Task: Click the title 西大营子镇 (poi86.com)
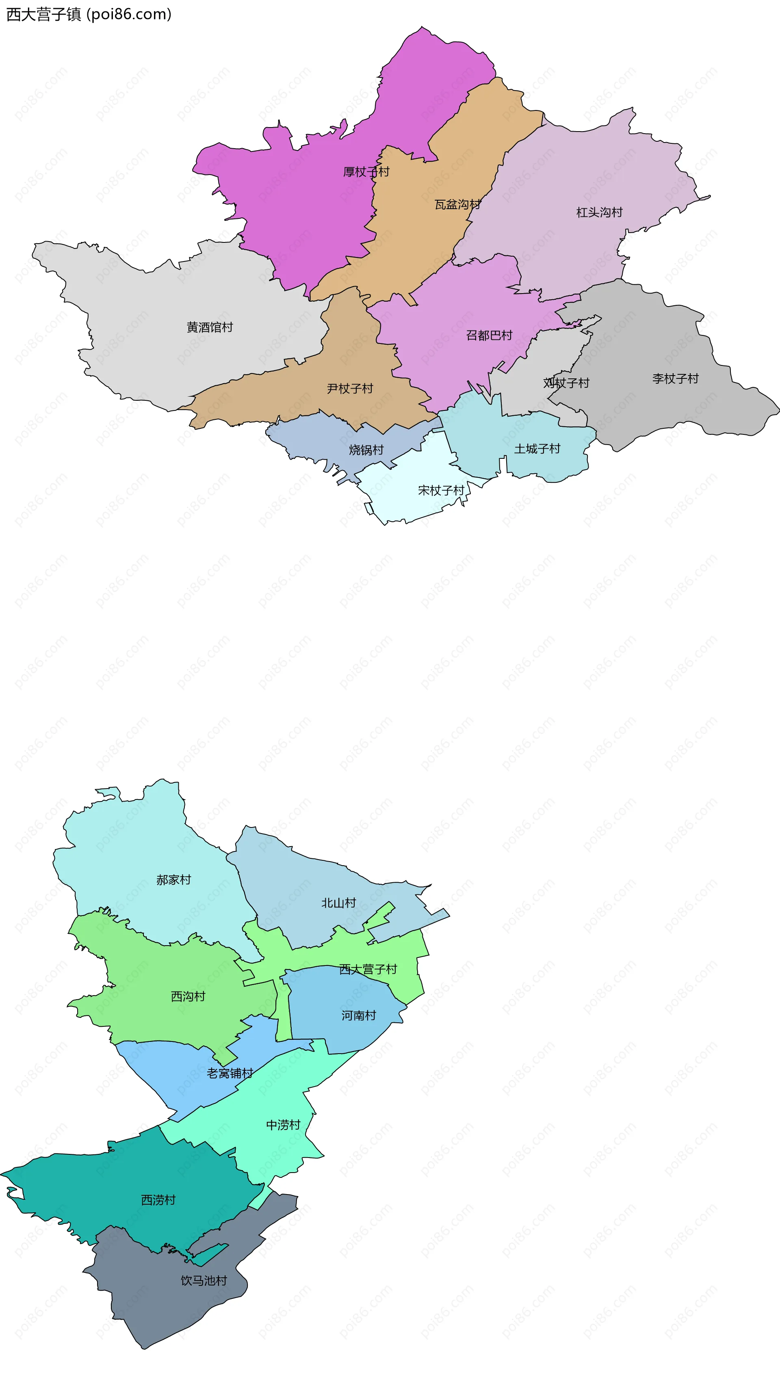coord(89,15)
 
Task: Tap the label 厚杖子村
coord(366,172)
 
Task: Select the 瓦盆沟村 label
coord(457,205)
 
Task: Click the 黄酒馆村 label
coord(210,327)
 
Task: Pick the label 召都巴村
coord(489,335)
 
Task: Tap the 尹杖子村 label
coord(350,388)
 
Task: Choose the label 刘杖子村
coord(566,383)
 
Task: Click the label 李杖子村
coord(676,378)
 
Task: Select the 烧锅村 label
coord(366,450)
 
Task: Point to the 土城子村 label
coord(537,449)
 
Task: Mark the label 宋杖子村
coord(441,490)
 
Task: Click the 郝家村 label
coord(173,880)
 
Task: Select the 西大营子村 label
coord(368,969)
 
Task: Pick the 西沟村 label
coord(188,996)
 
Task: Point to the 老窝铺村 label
coord(230,1074)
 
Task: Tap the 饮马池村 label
coord(204,1281)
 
